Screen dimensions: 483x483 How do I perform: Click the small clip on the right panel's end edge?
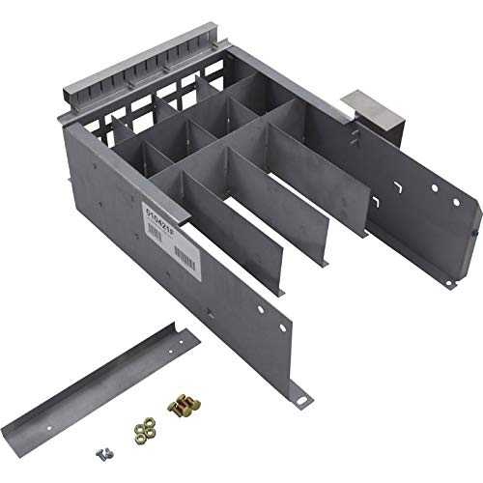[473, 234]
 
